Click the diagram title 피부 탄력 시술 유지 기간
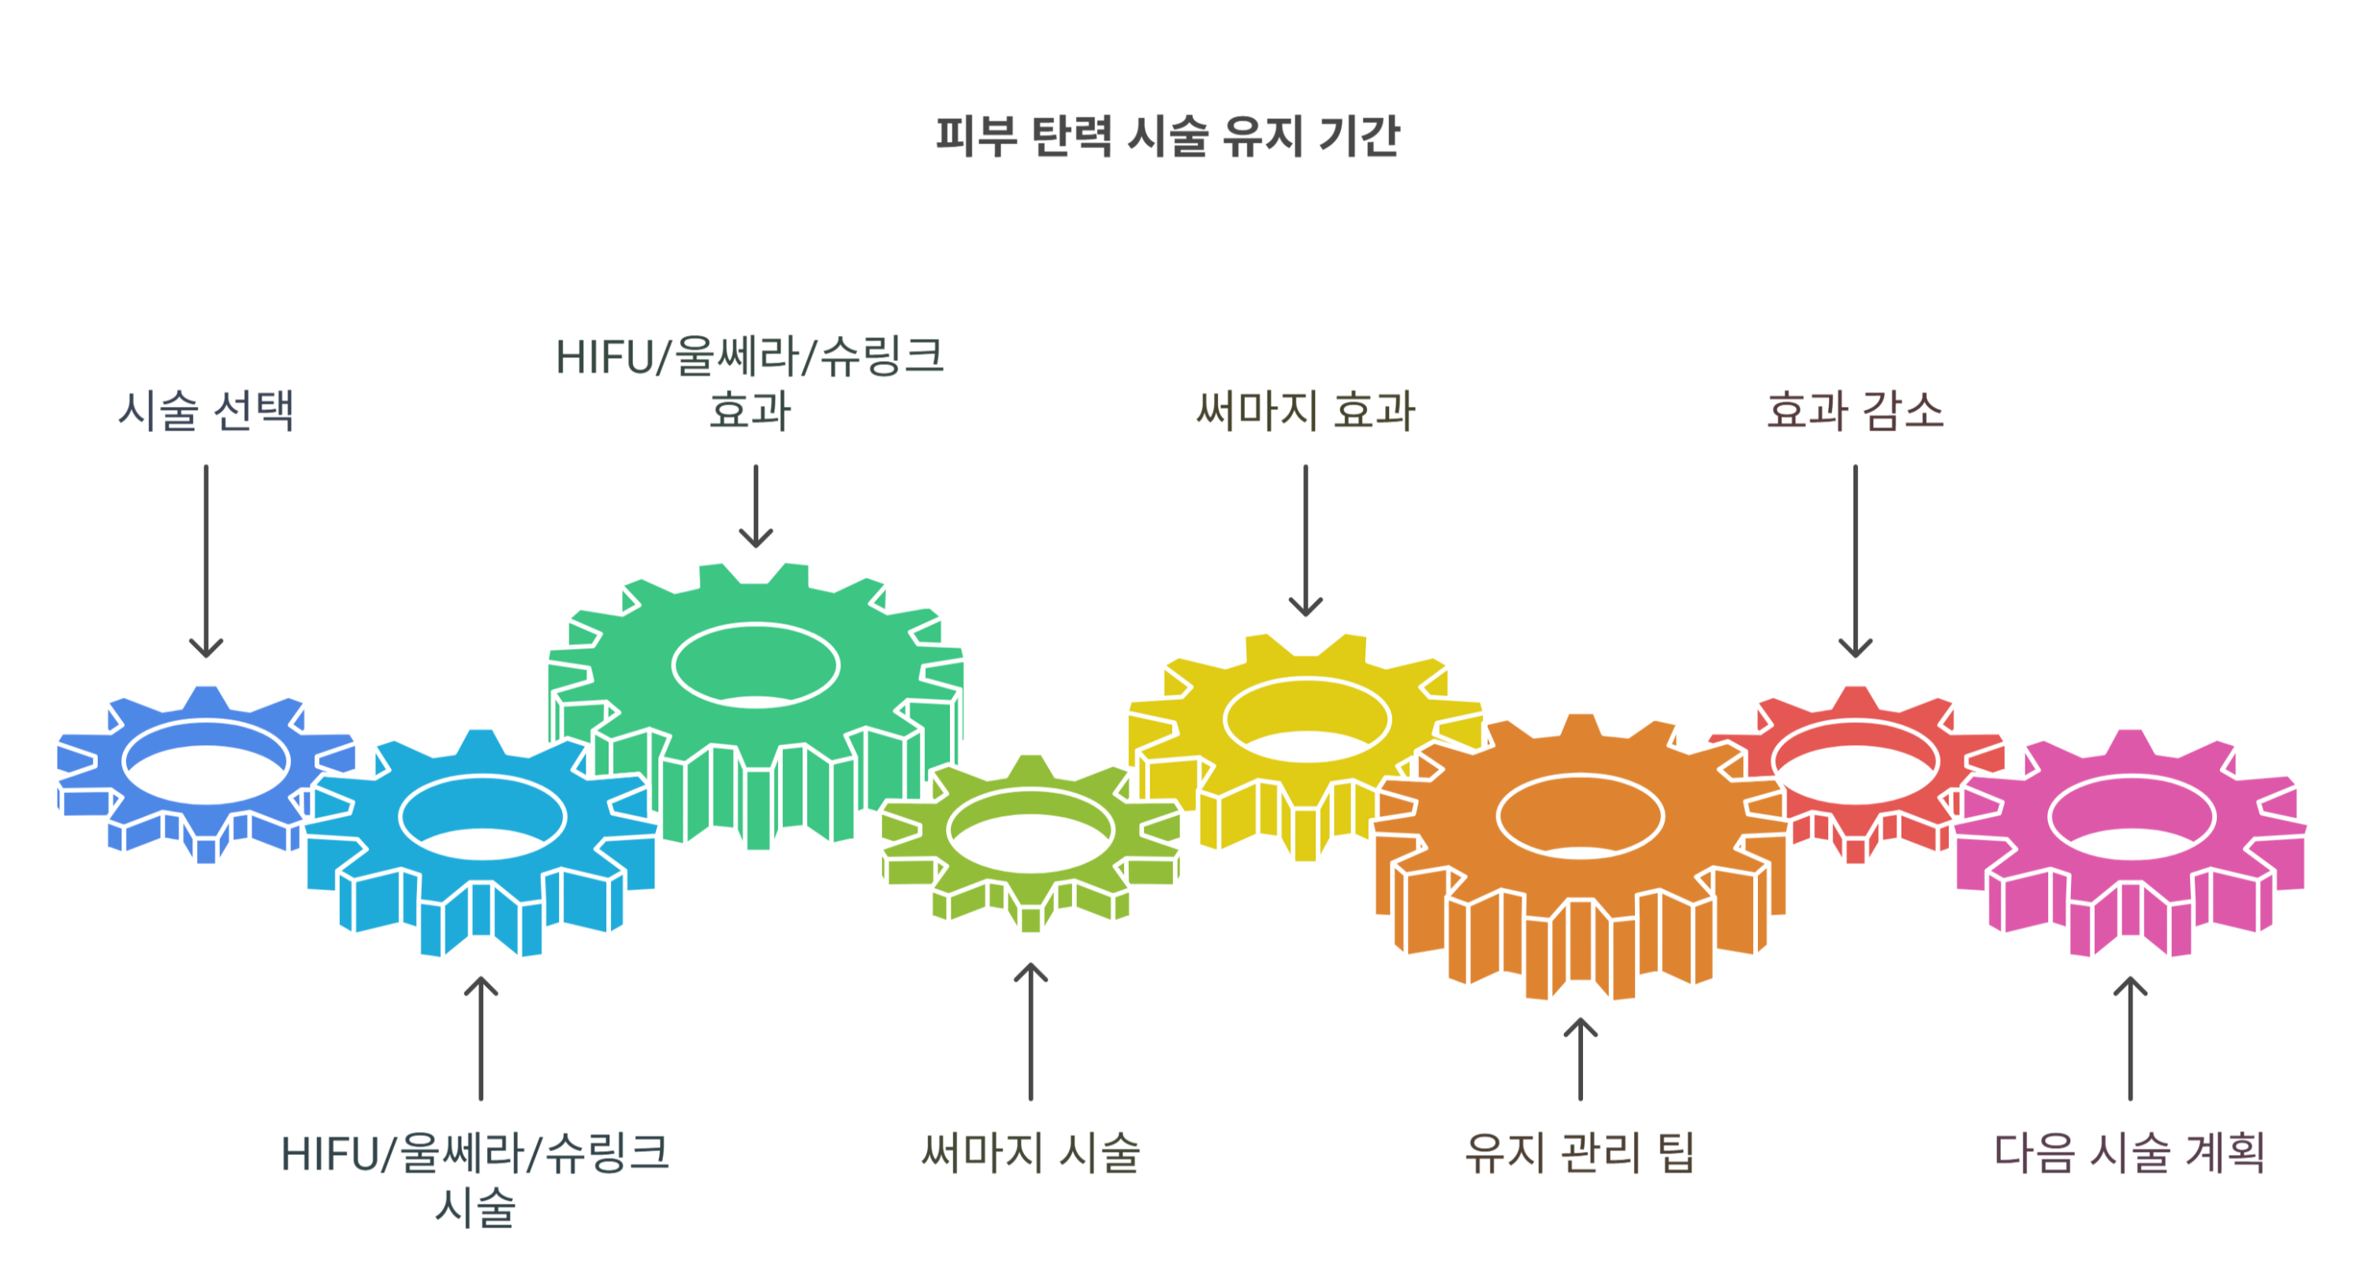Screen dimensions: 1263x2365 1167,136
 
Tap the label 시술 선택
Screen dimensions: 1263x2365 206,409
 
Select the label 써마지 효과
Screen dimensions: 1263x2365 1305,409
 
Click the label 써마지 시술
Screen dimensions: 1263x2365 1030,1152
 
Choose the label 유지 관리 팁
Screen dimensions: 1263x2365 1579,1152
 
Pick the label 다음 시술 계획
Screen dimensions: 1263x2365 2129,1152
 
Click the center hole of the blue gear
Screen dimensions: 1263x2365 206,762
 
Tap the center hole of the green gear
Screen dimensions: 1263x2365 754,665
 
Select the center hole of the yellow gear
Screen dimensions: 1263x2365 1305,721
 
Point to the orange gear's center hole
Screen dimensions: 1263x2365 1579,816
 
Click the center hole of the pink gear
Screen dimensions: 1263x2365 2131,816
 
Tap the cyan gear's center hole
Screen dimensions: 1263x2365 482,816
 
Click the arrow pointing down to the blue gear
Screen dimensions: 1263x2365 206,560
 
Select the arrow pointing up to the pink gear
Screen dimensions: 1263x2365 2130,1038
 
